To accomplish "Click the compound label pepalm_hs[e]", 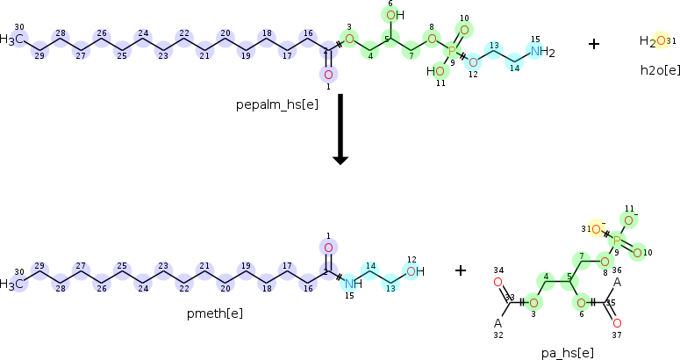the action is [x=277, y=105].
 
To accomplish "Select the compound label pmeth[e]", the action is [x=215, y=313].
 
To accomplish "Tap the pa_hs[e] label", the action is [x=567, y=353].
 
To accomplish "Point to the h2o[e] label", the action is [x=660, y=70].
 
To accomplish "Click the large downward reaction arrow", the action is [x=340, y=129].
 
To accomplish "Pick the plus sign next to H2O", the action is [x=594, y=44].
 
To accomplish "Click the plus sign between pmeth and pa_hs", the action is [x=461, y=270].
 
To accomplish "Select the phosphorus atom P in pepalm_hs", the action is [x=452, y=52].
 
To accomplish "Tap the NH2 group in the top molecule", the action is [x=542, y=52].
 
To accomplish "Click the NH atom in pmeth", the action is [x=353, y=284].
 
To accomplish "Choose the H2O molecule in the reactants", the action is [x=653, y=41].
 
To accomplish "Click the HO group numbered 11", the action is [x=435, y=71].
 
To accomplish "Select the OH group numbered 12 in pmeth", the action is [x=415, y=271].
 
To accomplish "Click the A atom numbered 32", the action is [x=497, y=323].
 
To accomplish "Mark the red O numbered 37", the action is [x=617, y=323].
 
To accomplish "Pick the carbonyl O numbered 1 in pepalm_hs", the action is [x=328, y=75].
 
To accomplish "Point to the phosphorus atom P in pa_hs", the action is [x=617, y=240].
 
